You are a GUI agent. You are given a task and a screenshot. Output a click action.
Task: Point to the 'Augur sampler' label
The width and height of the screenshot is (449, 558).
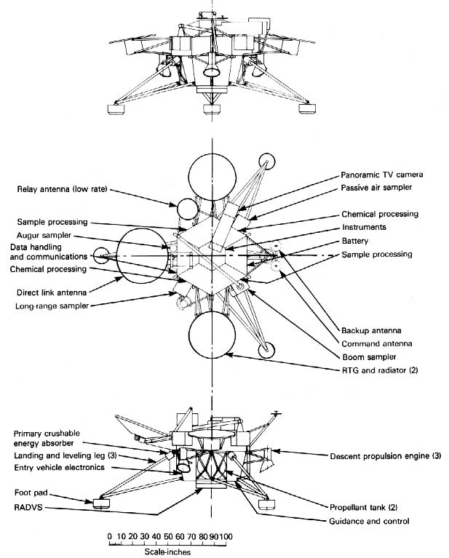tap(43, 236)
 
